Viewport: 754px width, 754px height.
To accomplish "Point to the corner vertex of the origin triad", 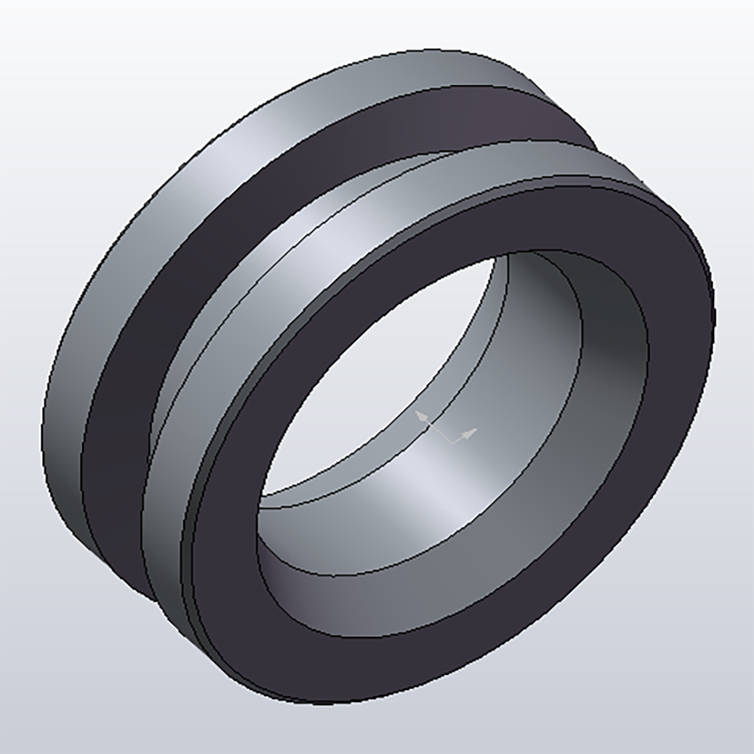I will [452, 442].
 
